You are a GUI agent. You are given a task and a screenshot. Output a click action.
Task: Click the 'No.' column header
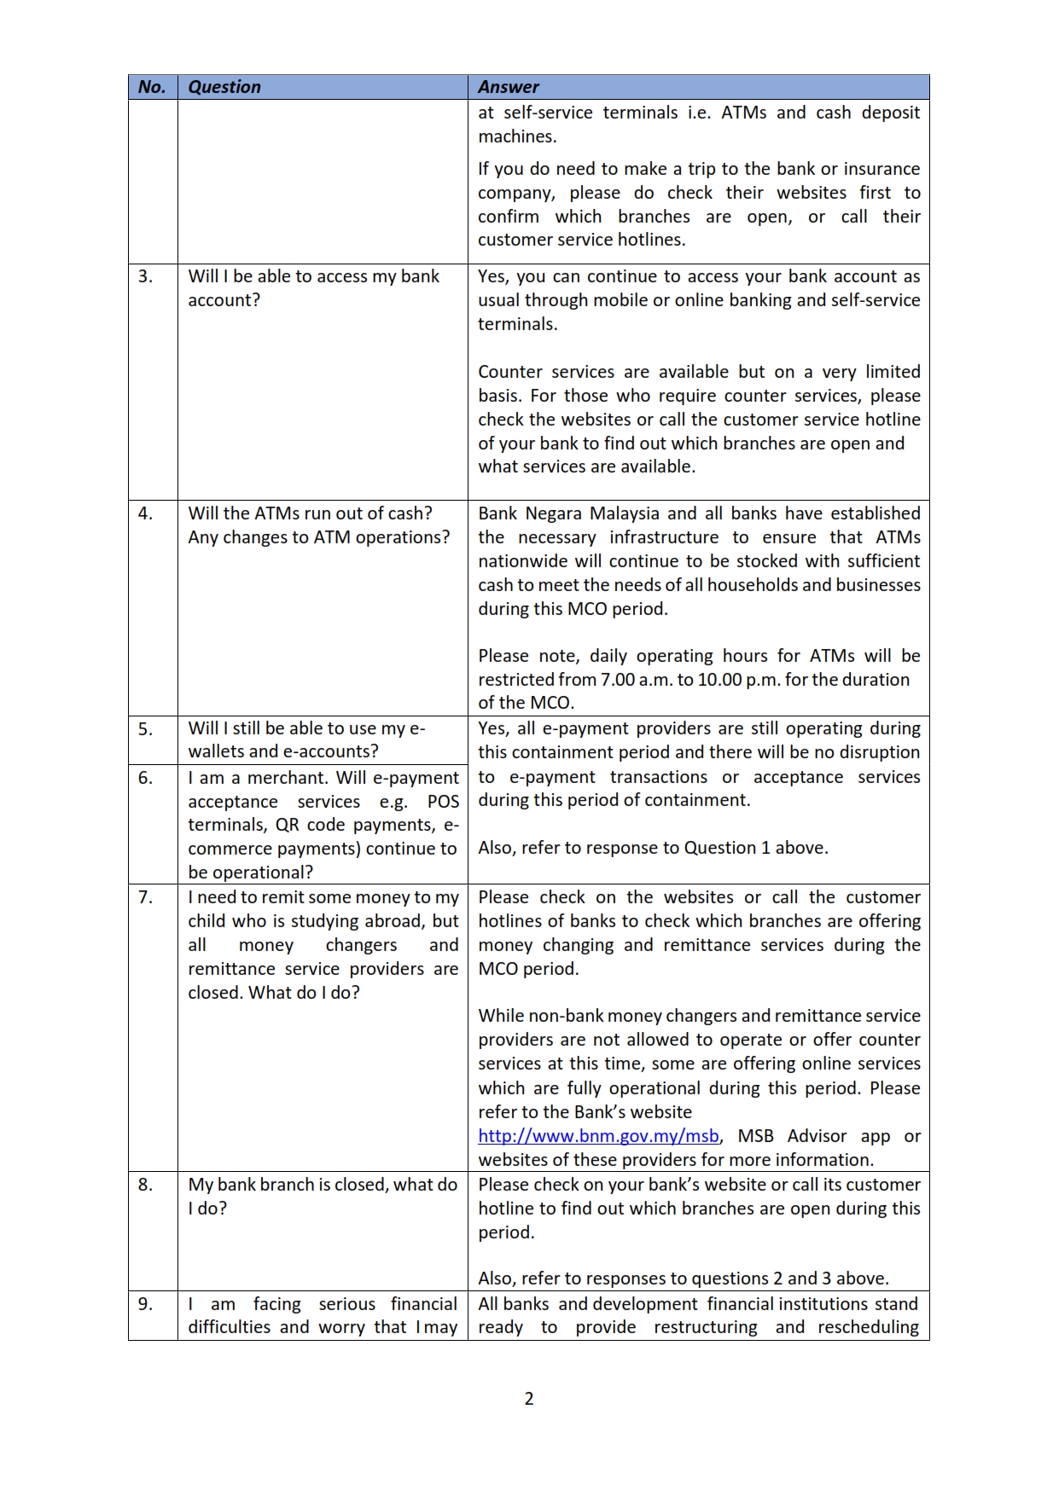[x=152, y=87]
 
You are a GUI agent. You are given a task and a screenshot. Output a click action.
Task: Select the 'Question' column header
[x=224, y=87]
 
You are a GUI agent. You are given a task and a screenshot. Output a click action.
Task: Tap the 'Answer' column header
[x=509, y=87]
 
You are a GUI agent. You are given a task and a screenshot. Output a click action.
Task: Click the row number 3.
[x=146, y=276]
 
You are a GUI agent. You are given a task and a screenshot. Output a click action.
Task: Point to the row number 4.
[x=146, y=513]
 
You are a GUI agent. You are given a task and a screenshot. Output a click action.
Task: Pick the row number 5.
[x=146, y=728]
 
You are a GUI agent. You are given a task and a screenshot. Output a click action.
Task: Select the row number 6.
[x=146, y=778]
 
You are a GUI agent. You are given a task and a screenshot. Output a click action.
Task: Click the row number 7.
[x=146, y=897]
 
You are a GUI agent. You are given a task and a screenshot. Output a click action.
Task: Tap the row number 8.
[x=146, y=1185]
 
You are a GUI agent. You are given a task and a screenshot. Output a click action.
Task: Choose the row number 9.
[x=146, y=1304]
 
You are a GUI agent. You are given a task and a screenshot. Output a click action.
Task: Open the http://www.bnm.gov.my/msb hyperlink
[x=598, y=1136]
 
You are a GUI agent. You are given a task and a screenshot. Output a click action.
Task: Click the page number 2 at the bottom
[x=529, y=1399]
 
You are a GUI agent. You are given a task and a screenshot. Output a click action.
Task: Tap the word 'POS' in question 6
[x=443, y=802]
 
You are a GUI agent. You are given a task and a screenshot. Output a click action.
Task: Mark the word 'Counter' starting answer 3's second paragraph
[x=509, y=372]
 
